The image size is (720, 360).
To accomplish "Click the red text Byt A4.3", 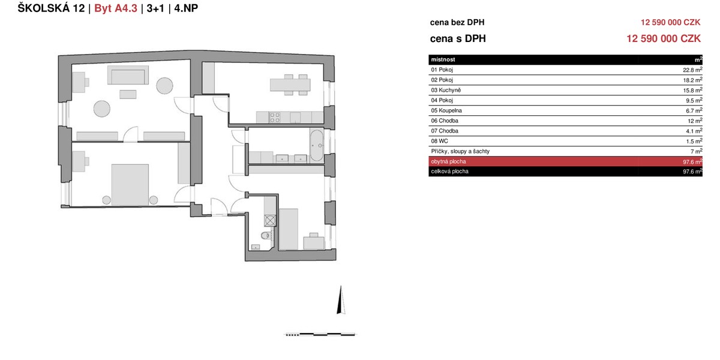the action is tap(116, 8).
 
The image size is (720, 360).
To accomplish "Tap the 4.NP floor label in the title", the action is tap(186, 8).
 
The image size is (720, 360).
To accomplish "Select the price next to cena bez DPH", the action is tap(671, 22).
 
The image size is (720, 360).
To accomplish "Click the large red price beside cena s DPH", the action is tap(664, 38).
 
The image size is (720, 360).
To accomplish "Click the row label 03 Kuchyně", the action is tap(446, 90).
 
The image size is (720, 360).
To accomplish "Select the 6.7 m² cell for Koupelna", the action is tap(694, 110).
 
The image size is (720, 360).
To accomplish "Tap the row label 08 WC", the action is tap(439, 141).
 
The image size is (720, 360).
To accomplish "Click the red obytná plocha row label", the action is tap(448, 161).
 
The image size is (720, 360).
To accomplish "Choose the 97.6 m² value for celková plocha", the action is tap(692, 172).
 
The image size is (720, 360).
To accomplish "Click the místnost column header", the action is tap(443, 59).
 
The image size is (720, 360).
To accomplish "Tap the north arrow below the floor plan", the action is tap(341, 299).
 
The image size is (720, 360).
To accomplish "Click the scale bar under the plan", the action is tap(320, 335).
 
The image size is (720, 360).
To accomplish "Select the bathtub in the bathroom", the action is tap(317, 145).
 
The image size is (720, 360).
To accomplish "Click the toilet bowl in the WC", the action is tap(265, 236).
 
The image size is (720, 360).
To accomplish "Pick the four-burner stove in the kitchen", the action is tap(275, 118).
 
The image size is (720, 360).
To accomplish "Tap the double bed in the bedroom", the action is tap(130, 185).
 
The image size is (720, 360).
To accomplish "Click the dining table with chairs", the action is tap(290, 85).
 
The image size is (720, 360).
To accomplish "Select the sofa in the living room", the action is tap(128, 75).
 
